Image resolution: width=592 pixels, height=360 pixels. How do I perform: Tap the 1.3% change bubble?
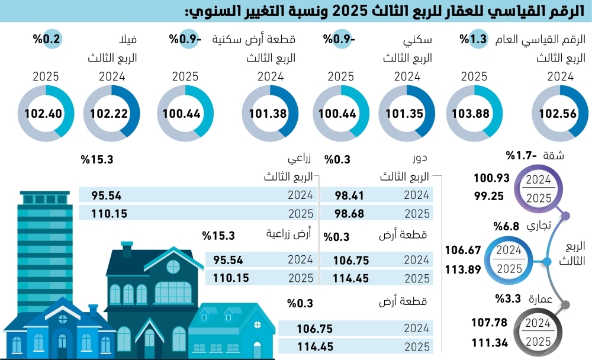[474, 40]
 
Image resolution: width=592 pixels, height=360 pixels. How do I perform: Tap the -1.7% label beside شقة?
[518, 156]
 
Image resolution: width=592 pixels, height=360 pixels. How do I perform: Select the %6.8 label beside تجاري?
[506, 226]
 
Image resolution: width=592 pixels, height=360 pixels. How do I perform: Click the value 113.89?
[463, 268]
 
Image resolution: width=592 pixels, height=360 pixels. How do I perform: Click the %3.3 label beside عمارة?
[506, 299]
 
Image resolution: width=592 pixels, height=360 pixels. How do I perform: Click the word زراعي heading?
[300, 160]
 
